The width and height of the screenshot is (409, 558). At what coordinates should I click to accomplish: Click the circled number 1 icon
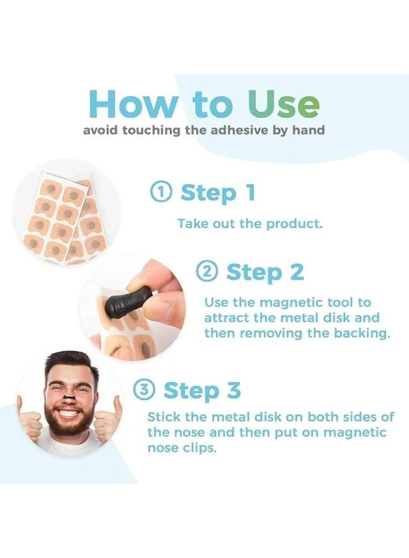[161, 193]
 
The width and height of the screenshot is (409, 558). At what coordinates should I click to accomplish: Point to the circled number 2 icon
[207, 272]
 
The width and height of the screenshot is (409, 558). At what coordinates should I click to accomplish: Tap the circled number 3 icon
[144, 391]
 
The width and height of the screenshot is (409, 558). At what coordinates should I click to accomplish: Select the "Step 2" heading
[265, 272]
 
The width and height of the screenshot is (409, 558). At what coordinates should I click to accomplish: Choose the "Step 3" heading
[201, 391]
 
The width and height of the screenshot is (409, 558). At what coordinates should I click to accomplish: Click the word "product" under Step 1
[294, 224]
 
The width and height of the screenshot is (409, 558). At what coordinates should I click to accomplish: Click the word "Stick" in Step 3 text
[163, 417]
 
